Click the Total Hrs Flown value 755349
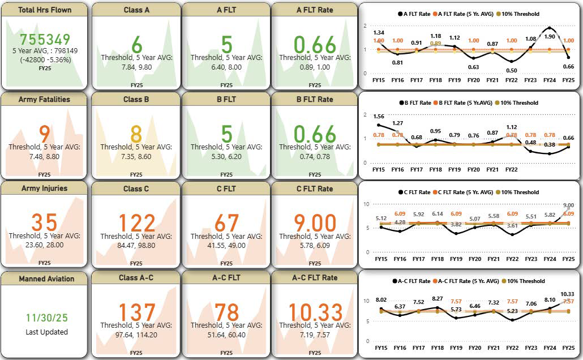click(45, 39)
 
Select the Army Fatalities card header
click(44, 99)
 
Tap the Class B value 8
click(136, 134)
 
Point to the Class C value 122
click(136, 224)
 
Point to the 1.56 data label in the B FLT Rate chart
click(379, 116)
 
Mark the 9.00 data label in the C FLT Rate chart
click(569, 205)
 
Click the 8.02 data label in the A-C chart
click(381, 300)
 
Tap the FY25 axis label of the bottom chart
click(568, 347)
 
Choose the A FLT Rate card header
click(315, 10)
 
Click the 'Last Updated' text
click(47, 332)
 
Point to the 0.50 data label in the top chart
click(511, 70)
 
